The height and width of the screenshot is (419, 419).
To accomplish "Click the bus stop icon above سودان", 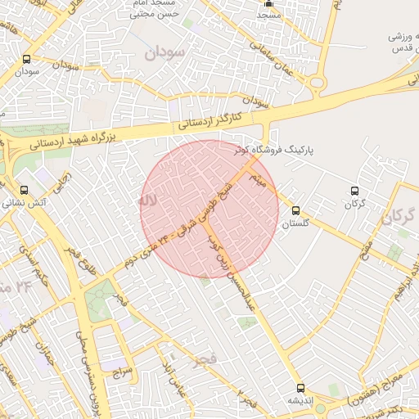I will click(27, 59).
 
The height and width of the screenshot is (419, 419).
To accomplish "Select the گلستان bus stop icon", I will click(295, 210).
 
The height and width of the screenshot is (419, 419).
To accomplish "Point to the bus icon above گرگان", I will click(354, 190).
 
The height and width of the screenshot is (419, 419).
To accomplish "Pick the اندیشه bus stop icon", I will click(300, 388).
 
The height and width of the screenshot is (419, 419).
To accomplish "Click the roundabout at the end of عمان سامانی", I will click(317, 83).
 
